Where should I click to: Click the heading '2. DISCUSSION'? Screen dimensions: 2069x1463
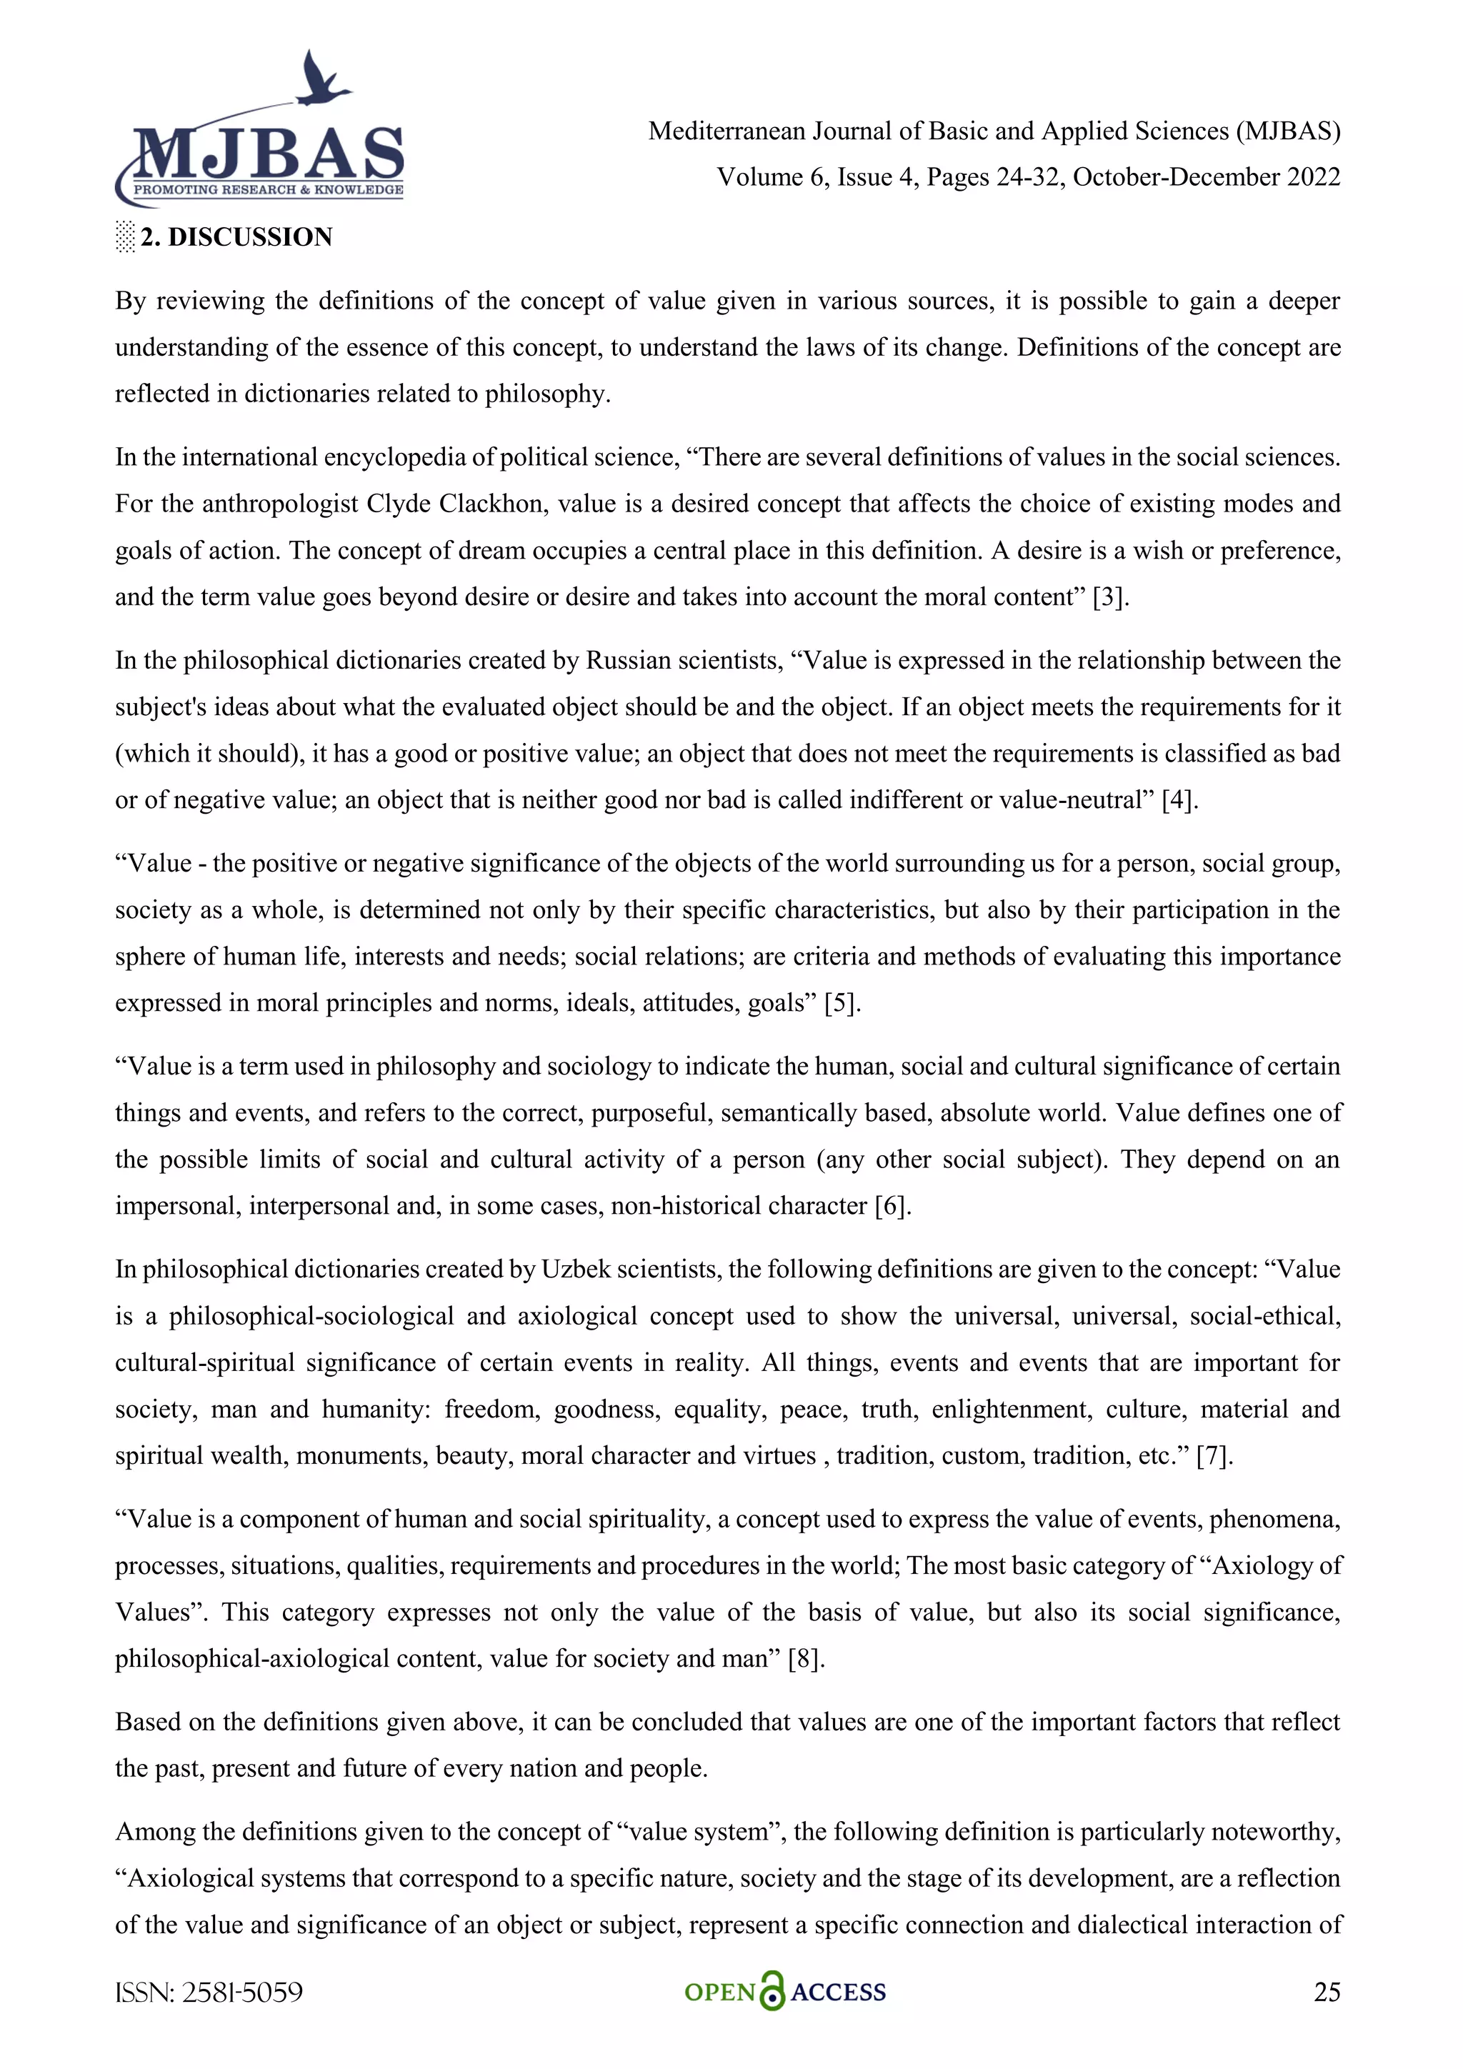coord(236,237)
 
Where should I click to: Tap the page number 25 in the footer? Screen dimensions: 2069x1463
coord(1326,1992)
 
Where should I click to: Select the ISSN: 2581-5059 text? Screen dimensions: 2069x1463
coord(209,1993)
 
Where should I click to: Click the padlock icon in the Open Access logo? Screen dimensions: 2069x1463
coord(772,1993)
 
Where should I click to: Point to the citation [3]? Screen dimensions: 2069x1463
coord(1110,597)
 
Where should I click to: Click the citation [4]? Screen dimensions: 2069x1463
coord(1179,800)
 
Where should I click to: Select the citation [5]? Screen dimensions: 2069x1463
coord(842,1003)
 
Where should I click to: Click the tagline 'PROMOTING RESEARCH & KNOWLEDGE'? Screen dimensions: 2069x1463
coord(269,190)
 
